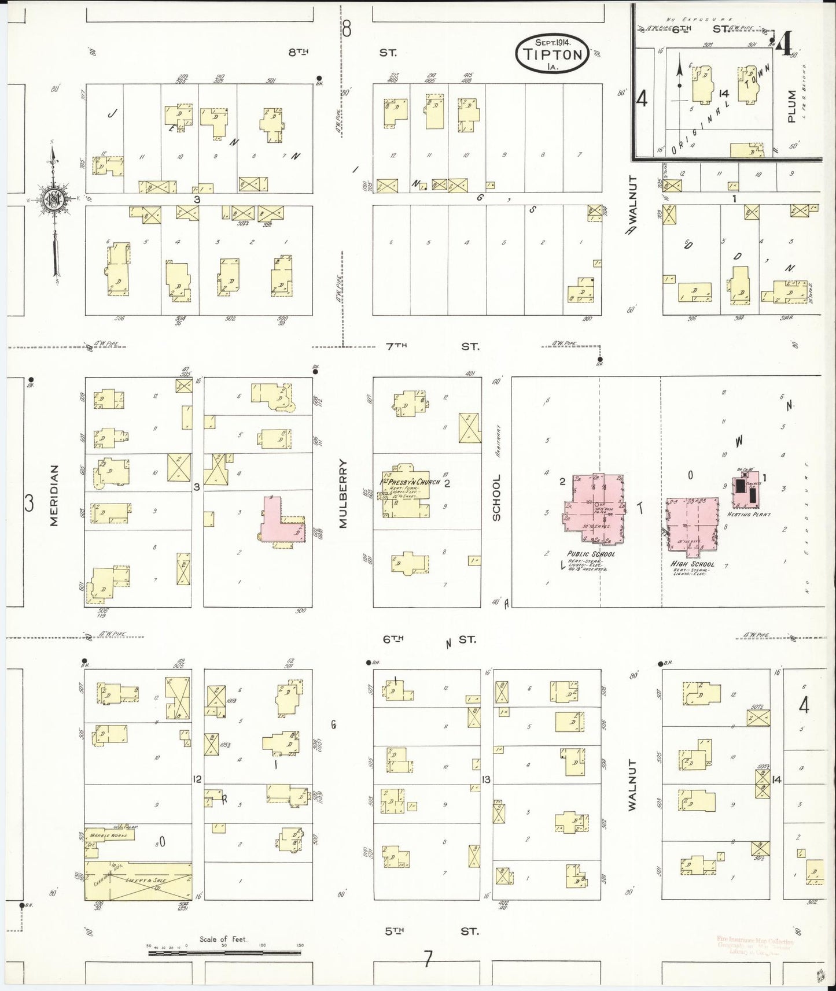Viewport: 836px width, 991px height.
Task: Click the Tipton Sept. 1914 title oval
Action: pos(553,53)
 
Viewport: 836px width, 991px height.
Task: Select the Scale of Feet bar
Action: pos(226,951)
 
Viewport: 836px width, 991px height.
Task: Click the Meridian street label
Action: pos(54,495)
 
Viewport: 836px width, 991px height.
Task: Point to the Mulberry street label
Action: pos(343,494)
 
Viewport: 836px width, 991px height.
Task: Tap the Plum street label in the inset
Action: pos(791,105)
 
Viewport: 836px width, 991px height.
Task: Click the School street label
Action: pos(496,497)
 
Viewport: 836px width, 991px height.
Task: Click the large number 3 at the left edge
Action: pos(28,503)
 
